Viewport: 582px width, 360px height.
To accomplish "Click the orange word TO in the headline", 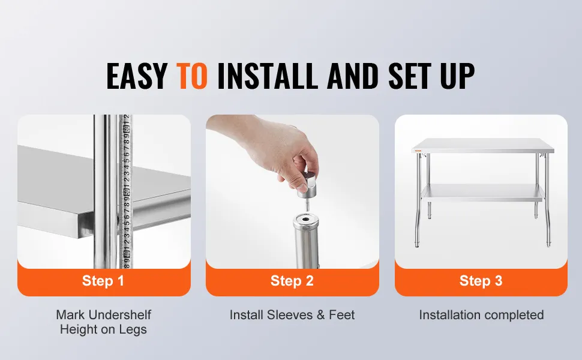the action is (x=191, y=76).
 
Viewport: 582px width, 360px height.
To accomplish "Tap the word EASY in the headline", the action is (x=137, y=76).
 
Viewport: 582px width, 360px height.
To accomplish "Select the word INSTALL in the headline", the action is (x=267, y=76).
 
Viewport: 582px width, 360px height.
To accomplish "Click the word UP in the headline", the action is (x=457, y=76).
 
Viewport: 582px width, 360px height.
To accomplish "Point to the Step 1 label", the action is (x=103, y=281).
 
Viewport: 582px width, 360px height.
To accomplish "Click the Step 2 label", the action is (x=292, y=281).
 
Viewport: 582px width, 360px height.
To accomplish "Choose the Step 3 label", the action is (x=481, y=281).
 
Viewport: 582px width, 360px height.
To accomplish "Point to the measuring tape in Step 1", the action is (x=125, y=191).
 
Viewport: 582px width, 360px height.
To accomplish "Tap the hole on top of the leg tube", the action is (x=306, y=220).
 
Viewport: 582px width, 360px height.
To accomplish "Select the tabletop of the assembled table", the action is (x=483, y=145).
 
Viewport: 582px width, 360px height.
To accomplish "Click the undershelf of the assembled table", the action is (x=482, y=192).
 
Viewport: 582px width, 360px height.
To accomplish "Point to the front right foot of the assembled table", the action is (x=548, y=244).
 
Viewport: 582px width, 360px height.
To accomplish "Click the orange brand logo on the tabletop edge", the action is (x=418, y=150).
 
